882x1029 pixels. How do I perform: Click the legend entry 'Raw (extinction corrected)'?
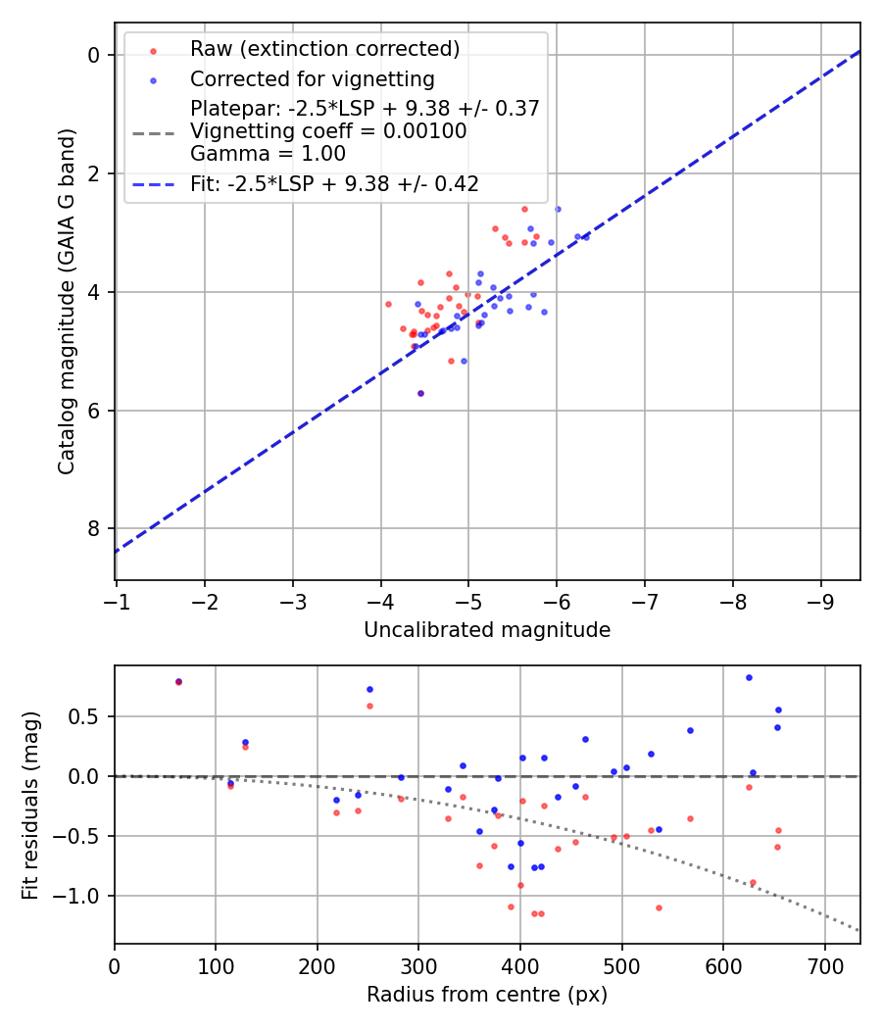324,49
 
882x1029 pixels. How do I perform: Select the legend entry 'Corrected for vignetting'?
312,78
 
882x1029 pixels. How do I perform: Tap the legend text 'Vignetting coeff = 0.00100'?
328,131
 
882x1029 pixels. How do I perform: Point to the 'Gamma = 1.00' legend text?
268,154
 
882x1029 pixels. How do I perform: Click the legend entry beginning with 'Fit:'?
334,184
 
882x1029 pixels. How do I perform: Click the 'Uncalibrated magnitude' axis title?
487,630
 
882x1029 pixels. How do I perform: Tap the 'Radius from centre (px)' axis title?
487,995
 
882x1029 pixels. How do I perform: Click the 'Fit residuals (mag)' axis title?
31,805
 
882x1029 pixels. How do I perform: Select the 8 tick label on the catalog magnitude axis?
94,529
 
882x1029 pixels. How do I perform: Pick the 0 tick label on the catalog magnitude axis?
94,56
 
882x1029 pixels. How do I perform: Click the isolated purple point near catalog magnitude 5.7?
420,393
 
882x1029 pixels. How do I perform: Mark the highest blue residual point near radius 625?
749,677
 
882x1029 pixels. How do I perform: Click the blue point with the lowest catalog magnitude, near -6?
558,209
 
